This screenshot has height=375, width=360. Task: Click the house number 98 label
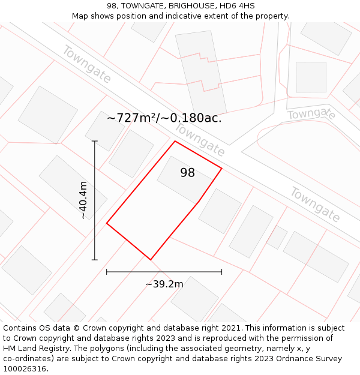[x=187, y=173]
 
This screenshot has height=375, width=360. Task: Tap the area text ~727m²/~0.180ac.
[x=164, y=118]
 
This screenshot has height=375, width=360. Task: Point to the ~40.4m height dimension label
[x=83, y=200]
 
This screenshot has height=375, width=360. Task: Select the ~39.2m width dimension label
[x=164, y=284]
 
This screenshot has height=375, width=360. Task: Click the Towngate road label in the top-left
[x=86, y=64]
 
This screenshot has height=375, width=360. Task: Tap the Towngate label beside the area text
[x=200, y=140]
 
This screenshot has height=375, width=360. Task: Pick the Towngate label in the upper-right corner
[x=311, y=113]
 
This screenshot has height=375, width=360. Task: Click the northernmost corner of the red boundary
[x=175, y=141]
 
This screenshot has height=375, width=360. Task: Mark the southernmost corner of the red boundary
[x=150, y=260]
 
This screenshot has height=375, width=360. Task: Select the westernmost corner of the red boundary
[x=107, y=223]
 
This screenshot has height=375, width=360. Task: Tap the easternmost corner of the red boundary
[x=222, y=168]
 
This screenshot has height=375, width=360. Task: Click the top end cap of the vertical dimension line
[x=95, y=141]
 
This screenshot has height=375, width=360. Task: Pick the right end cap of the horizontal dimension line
[x=222, y=272]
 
